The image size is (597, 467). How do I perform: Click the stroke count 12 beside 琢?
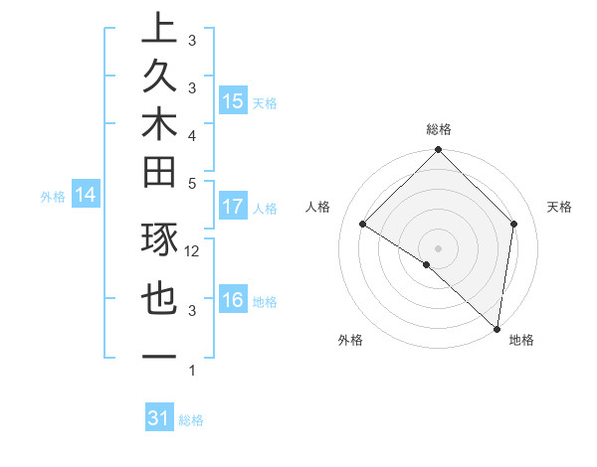tap(193, 251)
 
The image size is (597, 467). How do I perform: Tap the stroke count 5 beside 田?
tap(192, 183)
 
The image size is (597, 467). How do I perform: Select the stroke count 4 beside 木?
tap(192, 134)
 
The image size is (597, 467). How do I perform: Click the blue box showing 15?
tap(233, 101)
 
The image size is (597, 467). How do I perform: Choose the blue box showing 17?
tap(233, 208)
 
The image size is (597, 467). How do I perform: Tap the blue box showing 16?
tap(233, 301)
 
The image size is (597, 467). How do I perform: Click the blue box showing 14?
tap(86, 196)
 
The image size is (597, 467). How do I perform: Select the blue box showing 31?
tap(158, 418)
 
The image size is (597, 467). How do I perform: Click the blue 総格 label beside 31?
tap(191, 420)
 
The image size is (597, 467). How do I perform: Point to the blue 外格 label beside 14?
tap(53, 197)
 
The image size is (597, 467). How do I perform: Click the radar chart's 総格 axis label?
tap(439, 129)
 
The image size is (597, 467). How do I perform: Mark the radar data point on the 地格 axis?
tap(497, 327)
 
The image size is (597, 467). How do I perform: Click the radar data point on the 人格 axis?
tap(363, 225)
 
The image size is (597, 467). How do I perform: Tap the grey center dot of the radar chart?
tap(438, 247)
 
